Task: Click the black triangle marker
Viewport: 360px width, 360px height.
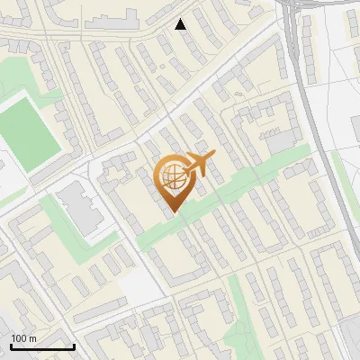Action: point(181,24)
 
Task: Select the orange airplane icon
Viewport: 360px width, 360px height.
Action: point(197,164)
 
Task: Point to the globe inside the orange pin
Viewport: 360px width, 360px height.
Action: point(171,177)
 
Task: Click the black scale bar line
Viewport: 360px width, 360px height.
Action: point(42,346)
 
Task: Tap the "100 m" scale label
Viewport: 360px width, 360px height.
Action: point(24,337)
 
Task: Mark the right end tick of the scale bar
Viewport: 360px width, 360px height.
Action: point(74,346)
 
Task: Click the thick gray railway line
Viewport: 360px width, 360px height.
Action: point(297,54)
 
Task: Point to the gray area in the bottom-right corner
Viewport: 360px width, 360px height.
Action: point(351,342)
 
